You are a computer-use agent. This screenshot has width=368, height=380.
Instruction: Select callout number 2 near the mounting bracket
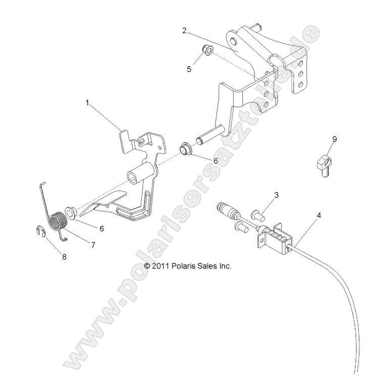[x=185, y=30]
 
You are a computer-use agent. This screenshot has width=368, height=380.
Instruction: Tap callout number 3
[x=277, y=195]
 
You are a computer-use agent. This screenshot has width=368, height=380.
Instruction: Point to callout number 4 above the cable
[x=304, y=216]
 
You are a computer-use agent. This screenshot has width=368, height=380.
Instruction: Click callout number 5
[x=189, y=69]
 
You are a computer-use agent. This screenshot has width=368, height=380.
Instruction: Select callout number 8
[x=64, y=256]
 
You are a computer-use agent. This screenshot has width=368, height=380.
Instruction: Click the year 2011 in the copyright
[x=161, y=265]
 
